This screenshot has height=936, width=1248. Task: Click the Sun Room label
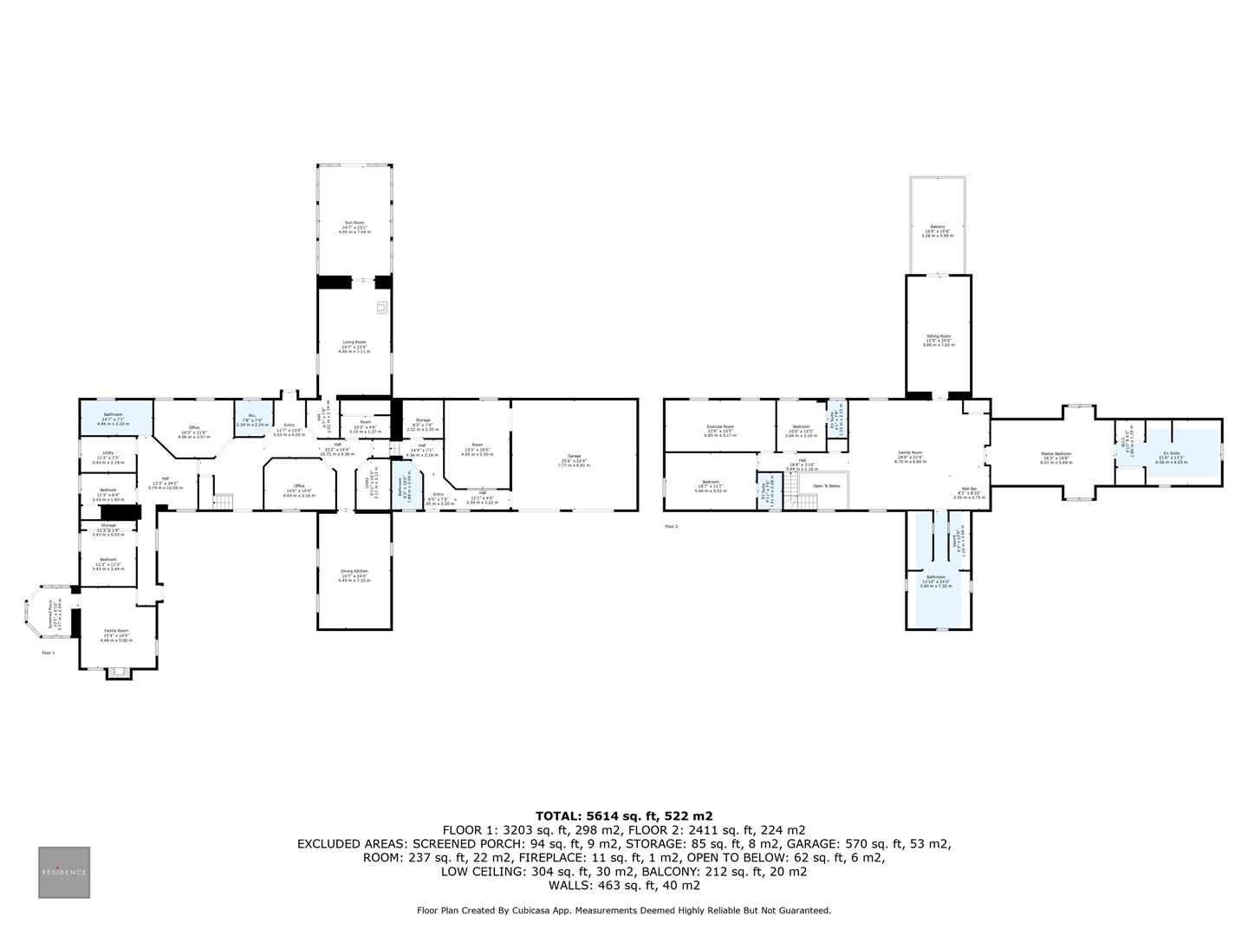(x=354, y=223)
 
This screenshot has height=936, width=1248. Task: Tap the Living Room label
(x=354, y=342)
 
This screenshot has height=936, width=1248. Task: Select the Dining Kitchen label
(x=354, y=572)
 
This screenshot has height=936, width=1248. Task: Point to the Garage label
(x=574, y=456)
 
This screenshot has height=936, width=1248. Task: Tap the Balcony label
(x=938, y=226)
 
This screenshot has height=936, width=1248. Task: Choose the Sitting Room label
(x=938, y=336)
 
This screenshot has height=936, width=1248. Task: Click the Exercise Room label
(x=719, y=426)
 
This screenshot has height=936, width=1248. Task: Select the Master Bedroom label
(x=1056, y=454)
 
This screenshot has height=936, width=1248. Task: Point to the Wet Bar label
(x=969, y=489)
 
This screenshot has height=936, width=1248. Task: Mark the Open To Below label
(x=826, y=486)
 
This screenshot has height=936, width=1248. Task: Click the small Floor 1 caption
(x=49, y=653)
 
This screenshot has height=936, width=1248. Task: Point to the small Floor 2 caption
(x=672, y=526)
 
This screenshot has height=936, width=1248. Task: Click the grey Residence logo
(x=63, y=872)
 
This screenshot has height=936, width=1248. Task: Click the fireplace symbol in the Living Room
(x=380, y=307)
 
